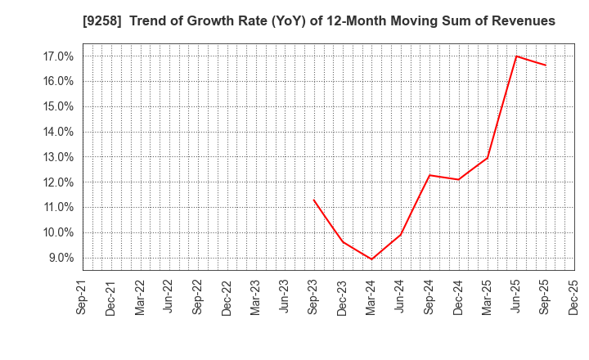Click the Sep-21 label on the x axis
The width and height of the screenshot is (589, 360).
click(x=82, y=297)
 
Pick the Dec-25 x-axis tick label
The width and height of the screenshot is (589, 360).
click(x=573, y=297)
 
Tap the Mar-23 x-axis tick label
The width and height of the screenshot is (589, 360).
click(x=255, y=297)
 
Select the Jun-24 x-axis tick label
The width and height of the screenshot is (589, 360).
click(x=400, y=297)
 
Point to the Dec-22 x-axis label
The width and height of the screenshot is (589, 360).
click(x=227, y=297)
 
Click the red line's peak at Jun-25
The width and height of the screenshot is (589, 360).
click(x=516, y=56)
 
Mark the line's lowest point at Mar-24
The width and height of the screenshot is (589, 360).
click(x=371, y=259)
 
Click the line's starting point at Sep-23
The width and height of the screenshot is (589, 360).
click(x=313, y=200)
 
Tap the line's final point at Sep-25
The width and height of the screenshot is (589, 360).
click(x=546, y=65)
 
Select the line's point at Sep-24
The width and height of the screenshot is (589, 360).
click(x=429, y=175)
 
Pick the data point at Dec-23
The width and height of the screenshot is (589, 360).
click(x=343, y=242)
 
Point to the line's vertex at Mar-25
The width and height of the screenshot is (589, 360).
click(x=488, y=158)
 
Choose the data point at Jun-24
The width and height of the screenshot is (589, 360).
click(x=401, y=234)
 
